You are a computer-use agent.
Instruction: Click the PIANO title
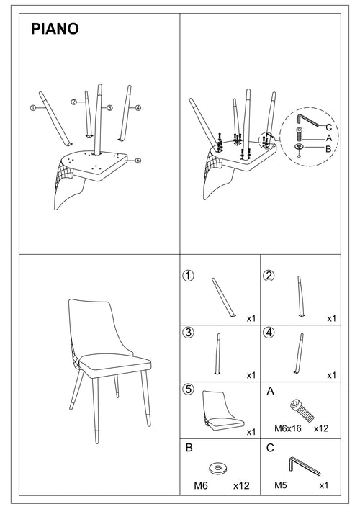pos(55,30)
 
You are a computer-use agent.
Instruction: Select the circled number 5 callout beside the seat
pos(138,161)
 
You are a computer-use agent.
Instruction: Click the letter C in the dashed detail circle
pos(328,127)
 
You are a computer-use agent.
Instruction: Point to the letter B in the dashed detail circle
pos(328,149)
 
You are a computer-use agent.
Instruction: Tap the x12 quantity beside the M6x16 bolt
pos(322,427)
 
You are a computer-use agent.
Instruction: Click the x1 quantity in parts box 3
pos(251,375)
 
